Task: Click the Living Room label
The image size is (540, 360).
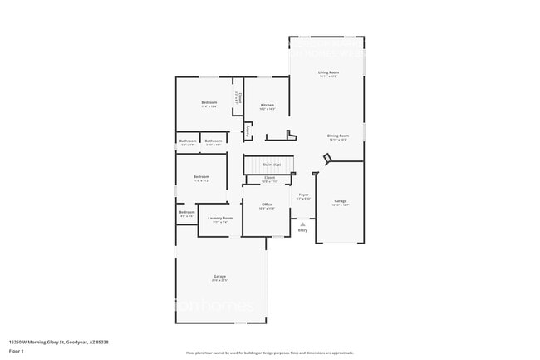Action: click(328, 72)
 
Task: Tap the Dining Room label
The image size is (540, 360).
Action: click(337, 135)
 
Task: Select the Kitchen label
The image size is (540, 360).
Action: click(267, 104)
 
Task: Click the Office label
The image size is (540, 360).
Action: click(267, 204)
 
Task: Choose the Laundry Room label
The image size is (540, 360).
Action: click(220, 218)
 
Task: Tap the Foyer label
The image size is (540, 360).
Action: click(304, 195)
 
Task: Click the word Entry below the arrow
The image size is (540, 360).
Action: click(302, 230)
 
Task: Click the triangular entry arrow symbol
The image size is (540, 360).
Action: click(302, 223)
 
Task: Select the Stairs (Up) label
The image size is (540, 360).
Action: click(272, 165)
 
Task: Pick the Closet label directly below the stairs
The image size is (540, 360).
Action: click(270, 177)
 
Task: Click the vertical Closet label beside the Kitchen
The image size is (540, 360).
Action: click(238, 97)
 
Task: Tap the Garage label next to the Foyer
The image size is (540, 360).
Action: click(340, 200)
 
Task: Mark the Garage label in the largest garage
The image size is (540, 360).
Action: click(219, 276)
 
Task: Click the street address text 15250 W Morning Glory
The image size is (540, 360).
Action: click(58, 342)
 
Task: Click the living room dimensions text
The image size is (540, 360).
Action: click(328, 76)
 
